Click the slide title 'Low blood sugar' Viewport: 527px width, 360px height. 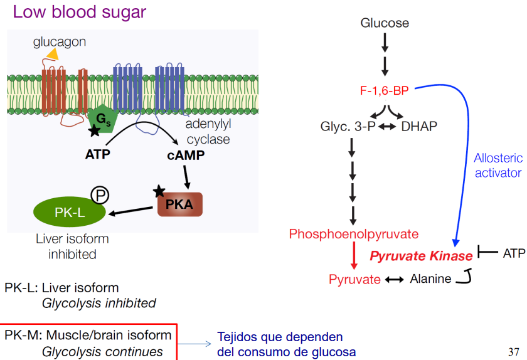(79, 12)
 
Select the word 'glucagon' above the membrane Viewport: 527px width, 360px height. (60, 42)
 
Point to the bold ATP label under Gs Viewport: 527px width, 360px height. (97, 152)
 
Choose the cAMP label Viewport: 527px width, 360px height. (186, 155)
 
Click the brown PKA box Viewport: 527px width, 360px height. (179, 204)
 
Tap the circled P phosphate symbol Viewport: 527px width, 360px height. (100, 195)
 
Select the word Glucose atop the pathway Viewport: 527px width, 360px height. (385, 23)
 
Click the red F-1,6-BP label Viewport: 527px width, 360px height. (384, 91)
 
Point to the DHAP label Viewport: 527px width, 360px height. (419, 126)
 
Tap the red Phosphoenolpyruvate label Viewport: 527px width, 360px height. (353, 234)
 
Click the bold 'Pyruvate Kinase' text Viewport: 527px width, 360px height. (421, 256)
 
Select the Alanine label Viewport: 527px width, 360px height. (430, 279)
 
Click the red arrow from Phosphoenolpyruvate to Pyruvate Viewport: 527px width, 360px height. (353, 256)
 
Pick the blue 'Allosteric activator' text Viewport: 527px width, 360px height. (498, 166)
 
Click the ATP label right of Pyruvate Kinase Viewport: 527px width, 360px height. (514, 253)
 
